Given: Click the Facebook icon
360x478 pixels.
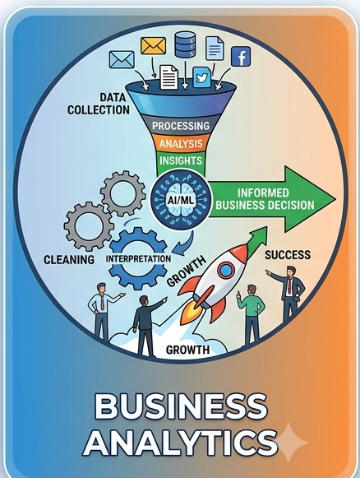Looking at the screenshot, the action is [x=241, y=57].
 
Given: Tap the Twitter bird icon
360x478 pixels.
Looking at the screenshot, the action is [x=201, y=77].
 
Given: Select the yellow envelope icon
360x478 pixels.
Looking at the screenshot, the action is [x=153, y=46].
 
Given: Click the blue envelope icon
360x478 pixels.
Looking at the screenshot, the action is [x=122, y=59].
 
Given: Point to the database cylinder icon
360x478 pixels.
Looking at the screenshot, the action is [x=185, y=44].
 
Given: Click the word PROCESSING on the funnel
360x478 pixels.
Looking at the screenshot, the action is [x=181, y=126].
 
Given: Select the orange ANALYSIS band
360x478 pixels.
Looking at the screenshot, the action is [x=181, y=143].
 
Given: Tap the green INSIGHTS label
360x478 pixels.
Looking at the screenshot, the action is [x=181, y=160].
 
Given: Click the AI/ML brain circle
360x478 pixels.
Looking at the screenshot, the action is [x=181, y=200].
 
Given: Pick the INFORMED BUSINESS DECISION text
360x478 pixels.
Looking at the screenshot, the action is [x=265, y=199].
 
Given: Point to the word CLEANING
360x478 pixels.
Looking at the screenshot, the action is [x=69, y=260].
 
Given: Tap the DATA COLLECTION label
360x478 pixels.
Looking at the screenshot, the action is [x=99, y=104].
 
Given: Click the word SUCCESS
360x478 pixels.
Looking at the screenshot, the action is [x=288, y=255].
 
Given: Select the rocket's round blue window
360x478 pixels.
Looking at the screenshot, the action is [x=226, y=271].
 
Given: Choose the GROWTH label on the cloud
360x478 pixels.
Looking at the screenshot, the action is [x=187, y=350].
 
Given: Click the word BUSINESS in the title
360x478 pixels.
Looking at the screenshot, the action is [x=181, y=407].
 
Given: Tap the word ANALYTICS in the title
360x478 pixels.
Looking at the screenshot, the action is [x=180, y=442].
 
